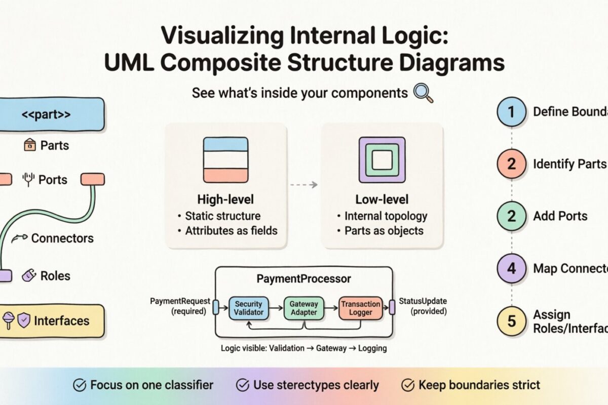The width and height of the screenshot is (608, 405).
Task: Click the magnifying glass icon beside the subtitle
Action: (423, 93)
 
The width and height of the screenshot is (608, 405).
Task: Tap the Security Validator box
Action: (248, 308)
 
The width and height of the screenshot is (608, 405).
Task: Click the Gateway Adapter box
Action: (303, 308)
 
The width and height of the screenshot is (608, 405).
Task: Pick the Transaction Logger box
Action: (360, 308)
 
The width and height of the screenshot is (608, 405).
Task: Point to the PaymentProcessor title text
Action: (303, 279)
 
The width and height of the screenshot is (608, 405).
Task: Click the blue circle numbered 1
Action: (511, 111)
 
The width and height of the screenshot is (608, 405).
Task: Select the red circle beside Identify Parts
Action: (511, 164)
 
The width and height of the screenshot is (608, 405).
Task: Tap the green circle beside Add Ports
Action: (511, 216)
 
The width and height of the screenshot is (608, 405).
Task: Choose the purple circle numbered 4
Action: (511, 268)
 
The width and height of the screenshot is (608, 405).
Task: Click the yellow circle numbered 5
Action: (511, 321)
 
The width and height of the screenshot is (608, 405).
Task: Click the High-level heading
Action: (225, 199)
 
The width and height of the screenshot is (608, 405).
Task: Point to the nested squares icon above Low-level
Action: (383, 160)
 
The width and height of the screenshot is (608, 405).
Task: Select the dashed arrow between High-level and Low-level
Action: (304, 185)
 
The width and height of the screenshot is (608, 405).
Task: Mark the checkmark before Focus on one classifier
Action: (80, 385)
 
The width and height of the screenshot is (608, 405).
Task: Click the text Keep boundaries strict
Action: (479, 385)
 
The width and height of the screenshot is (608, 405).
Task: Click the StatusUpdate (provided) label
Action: (423, 306)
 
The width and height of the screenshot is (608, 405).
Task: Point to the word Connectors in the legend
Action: (62, 238)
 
